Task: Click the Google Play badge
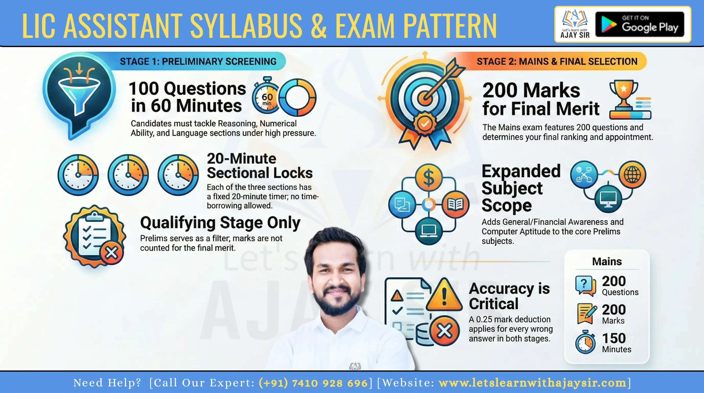click(640, 24)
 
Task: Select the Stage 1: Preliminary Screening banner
click(198, 61)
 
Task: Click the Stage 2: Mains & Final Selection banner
click(557, 61)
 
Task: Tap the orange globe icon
click(632, 174)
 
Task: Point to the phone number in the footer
click(313, 383)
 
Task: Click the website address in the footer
click(532, 383)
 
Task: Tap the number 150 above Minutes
click(614, 338)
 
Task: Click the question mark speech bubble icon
click(585, 285)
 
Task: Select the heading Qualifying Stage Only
click(220, 223)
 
